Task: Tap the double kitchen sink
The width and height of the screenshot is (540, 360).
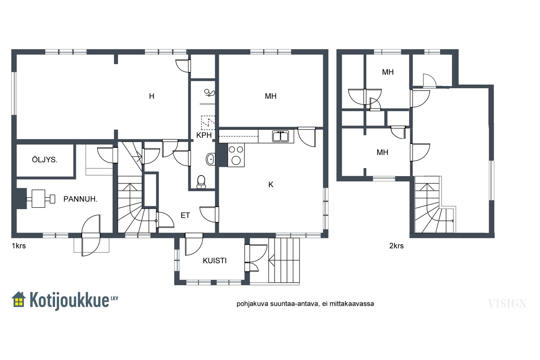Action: (x=280, y=136)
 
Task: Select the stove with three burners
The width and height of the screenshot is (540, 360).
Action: (x=236, y=155)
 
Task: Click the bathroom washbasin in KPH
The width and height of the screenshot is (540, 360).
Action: (x=211, y=159)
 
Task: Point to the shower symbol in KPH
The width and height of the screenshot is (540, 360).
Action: (x=209, y=93)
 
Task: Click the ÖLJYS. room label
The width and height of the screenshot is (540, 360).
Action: (x=45, y=160)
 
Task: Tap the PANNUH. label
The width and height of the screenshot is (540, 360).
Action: (x=80, y=199)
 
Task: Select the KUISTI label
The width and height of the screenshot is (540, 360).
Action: (x=215, y=261)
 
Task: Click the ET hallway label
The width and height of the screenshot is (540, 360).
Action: (x=185, y=215)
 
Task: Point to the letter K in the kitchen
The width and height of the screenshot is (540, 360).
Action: (x=271, y=185)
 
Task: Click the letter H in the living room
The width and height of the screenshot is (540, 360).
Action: (x=152, y=96)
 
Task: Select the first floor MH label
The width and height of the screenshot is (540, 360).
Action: (x=270, y=96)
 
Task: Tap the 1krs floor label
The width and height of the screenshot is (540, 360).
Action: (x=19, y=246)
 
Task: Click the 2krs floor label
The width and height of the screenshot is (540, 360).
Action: (x=396, y=246)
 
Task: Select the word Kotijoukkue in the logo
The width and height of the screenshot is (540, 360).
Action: (x=69, y=300)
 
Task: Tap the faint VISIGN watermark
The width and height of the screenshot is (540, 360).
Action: (x=507, y=304)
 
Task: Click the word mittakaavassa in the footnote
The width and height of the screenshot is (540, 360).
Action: (x=352, y=304)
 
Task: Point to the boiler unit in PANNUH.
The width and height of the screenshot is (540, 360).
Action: (x=41, y=199)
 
